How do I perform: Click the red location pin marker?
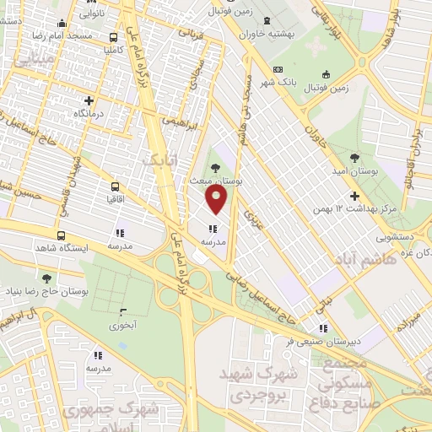pos(217,201)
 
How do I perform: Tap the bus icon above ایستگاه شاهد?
pos(61,235)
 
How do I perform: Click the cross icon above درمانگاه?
pos(88,100)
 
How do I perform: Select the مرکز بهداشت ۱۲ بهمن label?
pos(354,208)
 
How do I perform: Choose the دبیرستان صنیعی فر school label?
pos(286,342)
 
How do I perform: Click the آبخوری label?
pos(124,324)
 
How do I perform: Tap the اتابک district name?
pos(160,159)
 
